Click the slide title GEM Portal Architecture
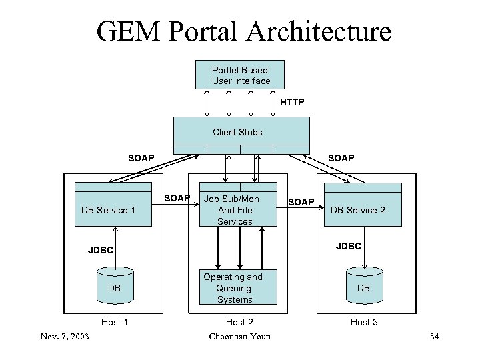243,31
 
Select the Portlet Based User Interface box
241,75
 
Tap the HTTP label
291,102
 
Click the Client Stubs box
241,132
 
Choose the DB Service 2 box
364,210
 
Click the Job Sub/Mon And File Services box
238,210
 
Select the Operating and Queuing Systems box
238,288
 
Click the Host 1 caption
114,323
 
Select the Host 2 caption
239,323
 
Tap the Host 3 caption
364,323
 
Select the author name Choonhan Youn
239,336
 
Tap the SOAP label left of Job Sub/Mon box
177,198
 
